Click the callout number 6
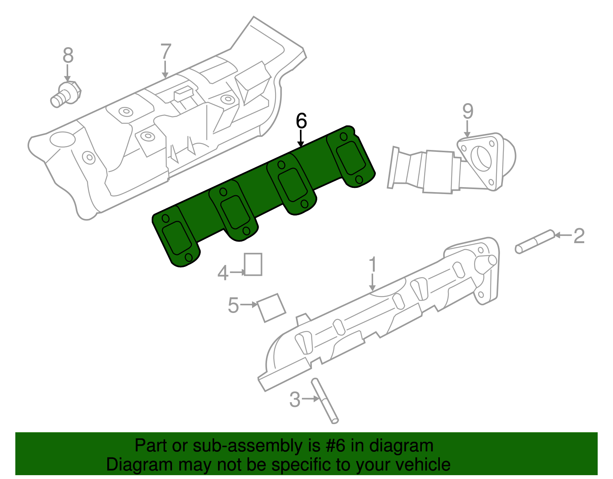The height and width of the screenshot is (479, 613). pyautogui.click(x=301, y=121)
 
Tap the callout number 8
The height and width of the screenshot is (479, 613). pyautogui.click(x=68, y=56)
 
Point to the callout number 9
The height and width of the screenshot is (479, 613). pyautogui.click(x=467, y=112)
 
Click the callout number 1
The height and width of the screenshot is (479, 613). pyautogui.click(x=372, y=265)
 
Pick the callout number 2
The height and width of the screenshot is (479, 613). pyautogui.click(x=579, y=236)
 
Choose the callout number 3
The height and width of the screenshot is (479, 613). pyautogui.click(x=295, y=400)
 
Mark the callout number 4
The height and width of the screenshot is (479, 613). pyautogui.click(x=223, y=273)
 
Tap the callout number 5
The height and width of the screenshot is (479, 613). pyautogui.click(x=233, y=306)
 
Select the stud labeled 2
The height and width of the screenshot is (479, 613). pyautogui.click(x=535, y=241)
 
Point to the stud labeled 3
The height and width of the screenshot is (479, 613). pyautogui.click(x=325, y=401)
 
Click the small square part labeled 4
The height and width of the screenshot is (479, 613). pyautogui.click(x=253, y=264)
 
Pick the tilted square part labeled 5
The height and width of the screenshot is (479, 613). pyautogui.click(x=271, y=308)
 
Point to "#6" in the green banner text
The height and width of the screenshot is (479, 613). pyautogui.click(x=336, y=446)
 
